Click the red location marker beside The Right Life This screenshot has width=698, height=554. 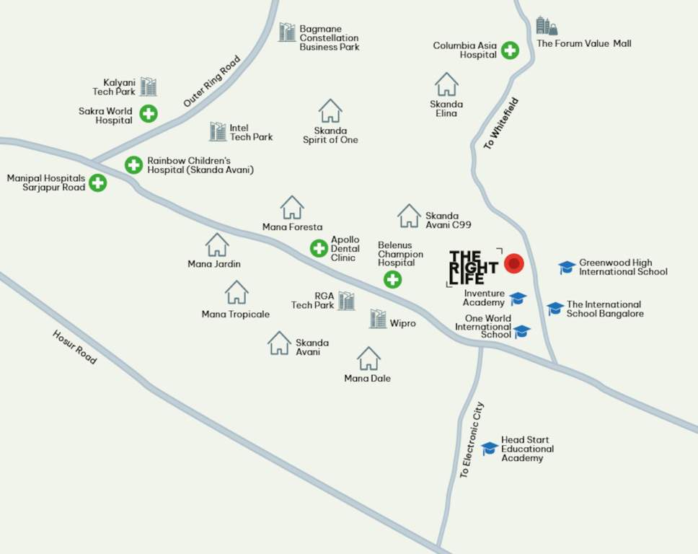click(x=513, y=264)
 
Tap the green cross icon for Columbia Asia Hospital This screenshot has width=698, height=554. click(x=510, y=50)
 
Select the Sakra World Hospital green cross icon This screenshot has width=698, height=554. click(x=149, y=113)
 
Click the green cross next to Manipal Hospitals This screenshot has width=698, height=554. click(x=97, y=183)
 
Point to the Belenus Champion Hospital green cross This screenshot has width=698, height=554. click(x=392, y=279)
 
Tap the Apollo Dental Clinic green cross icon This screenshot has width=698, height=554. click(x=319, y=248)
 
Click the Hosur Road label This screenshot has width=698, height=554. click(x=74, y=347)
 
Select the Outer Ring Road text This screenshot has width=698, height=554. click(x=211, y=82)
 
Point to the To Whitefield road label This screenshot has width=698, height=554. click(x=501, y=123)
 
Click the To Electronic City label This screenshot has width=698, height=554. click(x=472, y=440)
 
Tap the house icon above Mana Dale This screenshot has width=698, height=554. click(x=368, y=359)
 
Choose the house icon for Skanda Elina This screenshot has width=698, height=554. click(x=446, y=84)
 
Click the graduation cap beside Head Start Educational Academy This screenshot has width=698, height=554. click(x=490, y=448)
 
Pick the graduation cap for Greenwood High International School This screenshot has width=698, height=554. click(x=567, y=268)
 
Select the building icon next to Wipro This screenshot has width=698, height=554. click(x=378, y=319)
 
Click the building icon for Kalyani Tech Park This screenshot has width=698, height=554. click(x=149, y=87)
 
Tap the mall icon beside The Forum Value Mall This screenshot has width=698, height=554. click(x=546, y=27)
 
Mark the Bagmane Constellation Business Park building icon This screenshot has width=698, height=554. click(x=287, y=32)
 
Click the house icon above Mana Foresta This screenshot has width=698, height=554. click(x=292, y=208)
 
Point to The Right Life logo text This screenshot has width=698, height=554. click(x=473, y=268)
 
